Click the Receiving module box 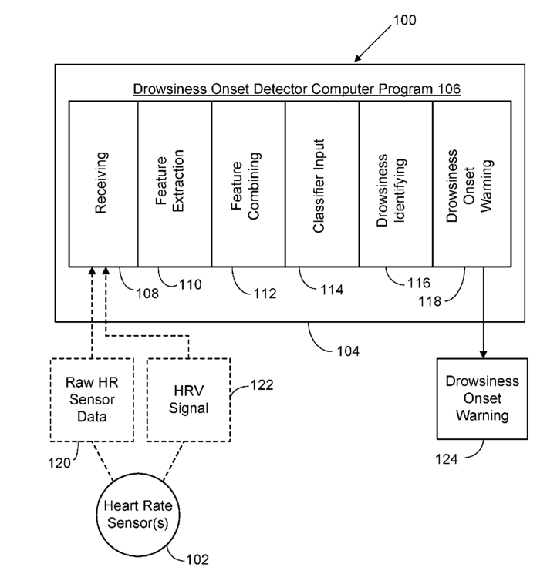(103, 183)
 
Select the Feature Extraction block (174, 183)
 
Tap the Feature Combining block (248, 183)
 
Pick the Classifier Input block (322, 183)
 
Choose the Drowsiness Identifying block (395, 183)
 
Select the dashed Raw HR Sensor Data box (90, 399)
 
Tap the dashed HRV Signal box (188, 399)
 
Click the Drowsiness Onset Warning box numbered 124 (483, 398)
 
